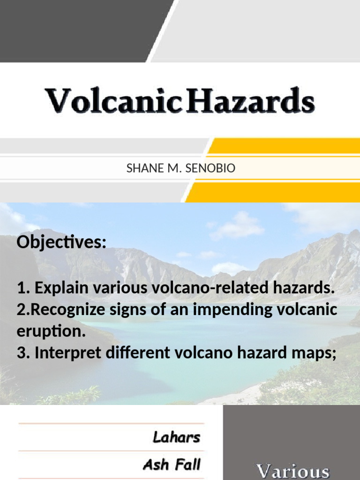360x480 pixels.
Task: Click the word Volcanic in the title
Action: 112,101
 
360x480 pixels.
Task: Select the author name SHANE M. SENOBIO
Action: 180,168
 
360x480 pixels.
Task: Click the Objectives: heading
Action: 61,243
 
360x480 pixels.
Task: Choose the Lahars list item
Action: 176,438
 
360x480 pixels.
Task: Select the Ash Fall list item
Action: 172,465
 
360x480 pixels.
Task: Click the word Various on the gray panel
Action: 292,471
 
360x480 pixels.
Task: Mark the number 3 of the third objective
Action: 22,353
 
